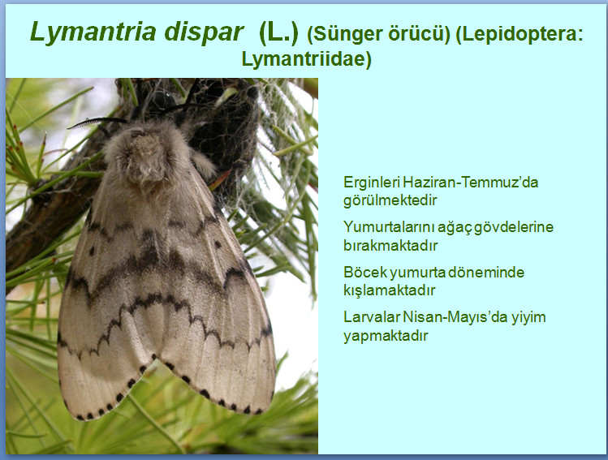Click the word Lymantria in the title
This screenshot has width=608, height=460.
(x=93, y=32)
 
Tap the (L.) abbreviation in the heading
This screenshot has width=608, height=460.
(x=278, y=33)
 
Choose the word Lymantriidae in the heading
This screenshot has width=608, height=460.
(x=306, y=60)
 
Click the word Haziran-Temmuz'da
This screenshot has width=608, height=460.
(x=470, y=182)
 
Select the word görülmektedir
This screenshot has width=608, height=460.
(x=390, y=200)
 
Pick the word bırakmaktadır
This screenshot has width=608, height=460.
(x=390, y=245)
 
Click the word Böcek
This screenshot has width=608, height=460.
(x=365, y=272)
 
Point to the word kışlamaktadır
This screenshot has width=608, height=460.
(x=390, y=290)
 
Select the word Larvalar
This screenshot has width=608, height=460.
(x=372, y=317)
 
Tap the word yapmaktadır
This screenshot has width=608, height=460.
(x=386, y=336)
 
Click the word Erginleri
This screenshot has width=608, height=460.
(x=371, y=183)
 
